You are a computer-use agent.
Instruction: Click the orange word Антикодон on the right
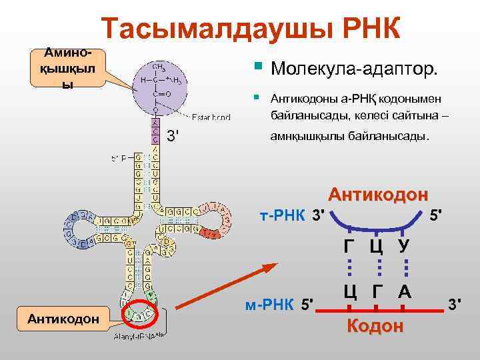378,195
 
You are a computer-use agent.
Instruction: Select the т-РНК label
283,216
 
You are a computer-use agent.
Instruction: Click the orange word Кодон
375,327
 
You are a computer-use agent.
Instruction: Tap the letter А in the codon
404,291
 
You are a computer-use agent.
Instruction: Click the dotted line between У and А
404,268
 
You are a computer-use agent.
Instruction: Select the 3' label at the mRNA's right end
455,305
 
